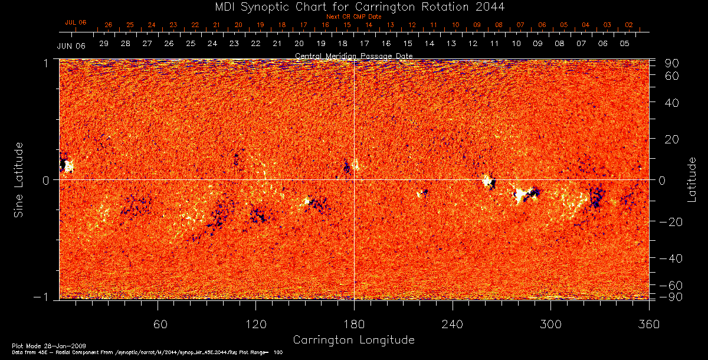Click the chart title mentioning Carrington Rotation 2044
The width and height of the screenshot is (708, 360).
click(x=354, y=6)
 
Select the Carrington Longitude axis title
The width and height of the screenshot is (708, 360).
click(x=353, y=340)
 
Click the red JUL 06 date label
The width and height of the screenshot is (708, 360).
click(x=76, y=22)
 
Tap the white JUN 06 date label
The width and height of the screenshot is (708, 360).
click(x=71, y=46)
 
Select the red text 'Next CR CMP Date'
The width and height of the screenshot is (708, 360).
click(x=353, y=17)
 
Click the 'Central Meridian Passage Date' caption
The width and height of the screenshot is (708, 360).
click(x=353, y=55)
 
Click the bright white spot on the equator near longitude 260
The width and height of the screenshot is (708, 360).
click(x=487, y=181)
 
